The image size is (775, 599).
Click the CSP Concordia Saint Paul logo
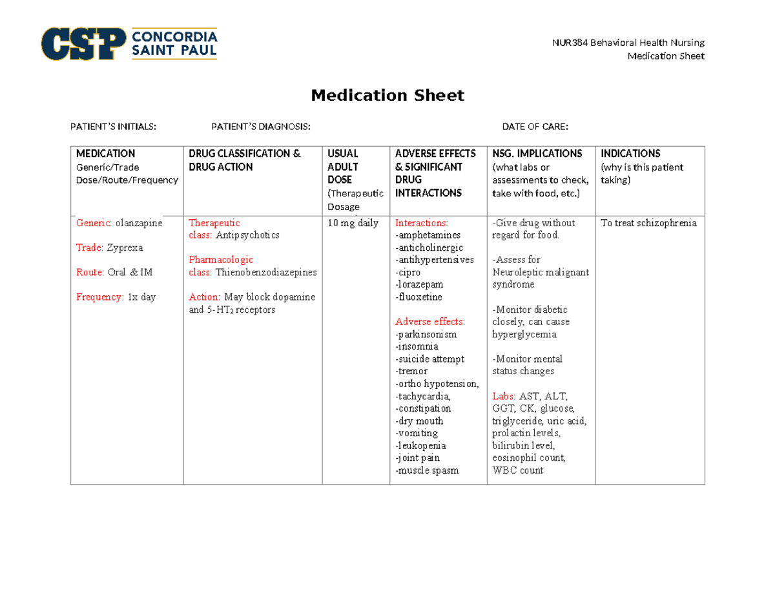(x=129, y=43)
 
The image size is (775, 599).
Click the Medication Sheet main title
(x=387, y=96)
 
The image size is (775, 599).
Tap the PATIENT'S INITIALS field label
(x=113, y=127)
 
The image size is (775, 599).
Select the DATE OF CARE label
(x=535, y=127)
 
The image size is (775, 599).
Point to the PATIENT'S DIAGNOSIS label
(x=261, y=127)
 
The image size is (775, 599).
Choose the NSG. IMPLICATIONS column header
(x=537, y=154)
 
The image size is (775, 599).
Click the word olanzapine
(x=139, y=223)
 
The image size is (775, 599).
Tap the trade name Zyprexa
(x=125, y=247)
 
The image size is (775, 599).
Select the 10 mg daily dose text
(x=353, y=223)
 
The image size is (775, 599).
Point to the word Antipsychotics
(x=247, y=235)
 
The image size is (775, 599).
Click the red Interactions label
(x=420, y=223)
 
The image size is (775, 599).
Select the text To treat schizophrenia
(x=648, y=223)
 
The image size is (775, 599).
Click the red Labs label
(x=504, y=396)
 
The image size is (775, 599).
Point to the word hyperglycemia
(x=524, y=335)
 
